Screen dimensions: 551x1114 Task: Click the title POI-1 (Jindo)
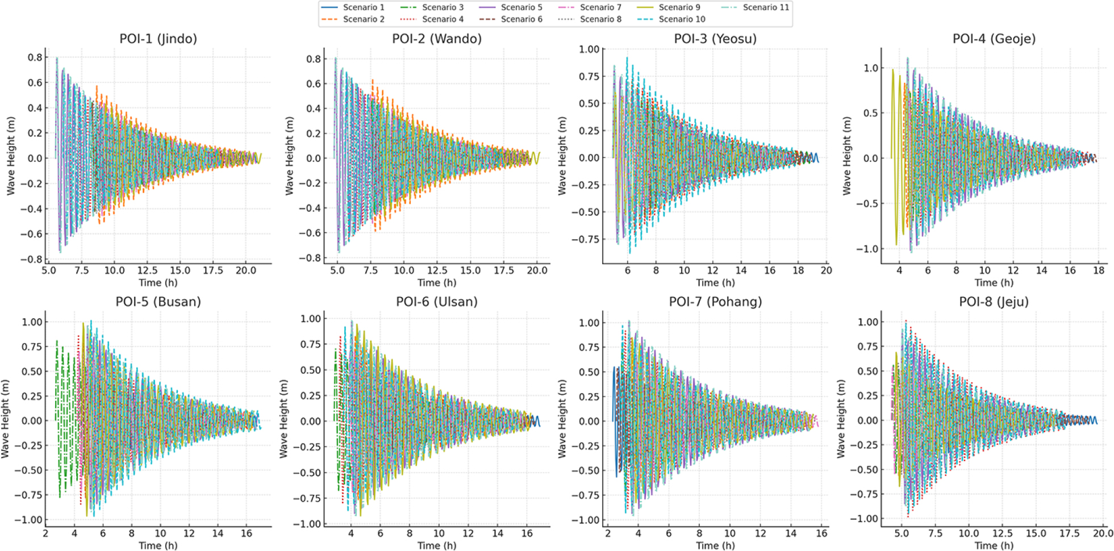[x=158, y=39]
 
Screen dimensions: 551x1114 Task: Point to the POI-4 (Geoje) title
[x=994, y=39]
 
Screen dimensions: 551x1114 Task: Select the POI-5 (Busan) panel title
[x=158, y=302]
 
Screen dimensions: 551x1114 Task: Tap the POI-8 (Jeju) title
[x=994, y=302]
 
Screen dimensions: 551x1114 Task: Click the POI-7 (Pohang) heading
[x=715, y=302]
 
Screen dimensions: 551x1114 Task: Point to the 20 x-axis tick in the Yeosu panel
[x=826, y=270]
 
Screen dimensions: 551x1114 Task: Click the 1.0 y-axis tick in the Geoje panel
[x=870, y=68]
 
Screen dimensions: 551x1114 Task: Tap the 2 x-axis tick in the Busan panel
[x=45, y=533]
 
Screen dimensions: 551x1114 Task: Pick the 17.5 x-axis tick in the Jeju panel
[x=1069, y=533]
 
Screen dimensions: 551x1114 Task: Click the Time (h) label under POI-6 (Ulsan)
[x=437, y=545]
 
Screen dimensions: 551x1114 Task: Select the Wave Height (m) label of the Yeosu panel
[x=562, y=156]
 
